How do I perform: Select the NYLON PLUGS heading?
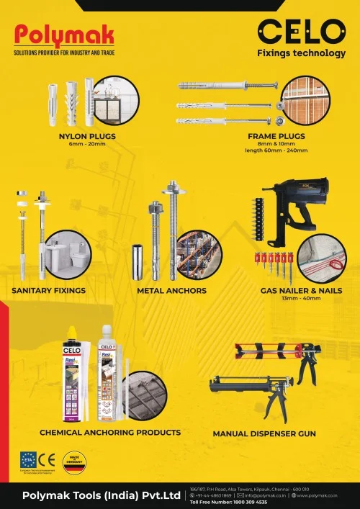(87, 135)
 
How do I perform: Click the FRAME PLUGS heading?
(276, 135)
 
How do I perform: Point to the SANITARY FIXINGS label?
(49, 291)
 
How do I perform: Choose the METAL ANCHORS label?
(171, 291)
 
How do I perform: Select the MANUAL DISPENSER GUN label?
(264, 434)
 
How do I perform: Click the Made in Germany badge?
(73, 462)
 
